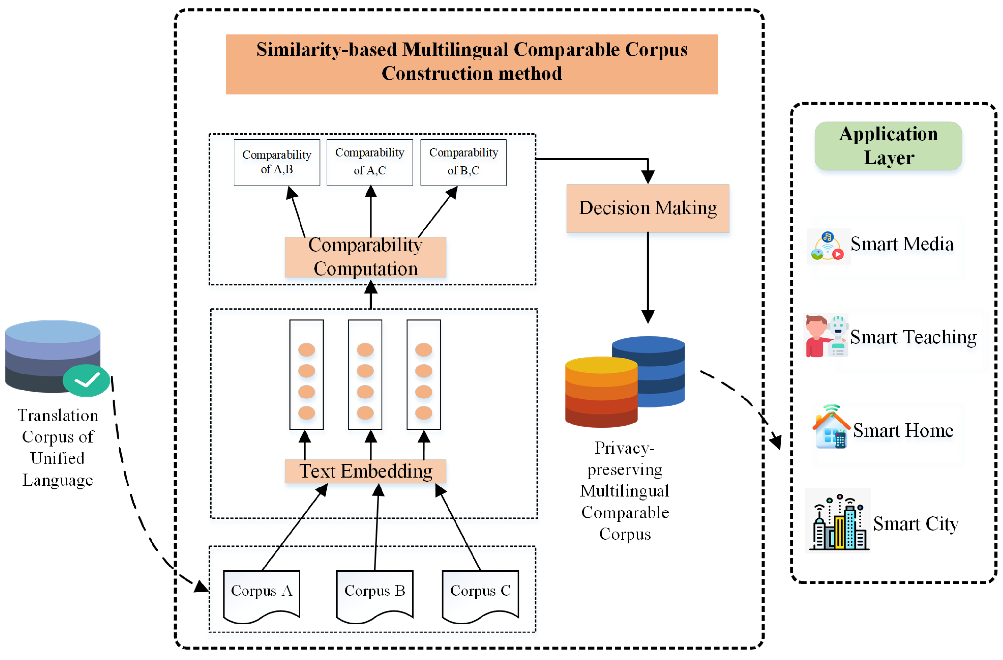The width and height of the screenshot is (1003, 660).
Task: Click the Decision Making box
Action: tap(647, 208)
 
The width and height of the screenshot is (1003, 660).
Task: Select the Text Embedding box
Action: tap(366, 471)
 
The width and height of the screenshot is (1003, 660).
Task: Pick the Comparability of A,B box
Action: tap(277, 162)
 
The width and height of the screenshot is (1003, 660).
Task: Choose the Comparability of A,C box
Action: tap(370, 162)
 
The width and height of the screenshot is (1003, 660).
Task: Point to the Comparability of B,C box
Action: tap(463, 162)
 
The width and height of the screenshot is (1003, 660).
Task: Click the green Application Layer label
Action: tap(888, 146)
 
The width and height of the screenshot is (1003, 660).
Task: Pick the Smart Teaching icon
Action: tap(826, 336)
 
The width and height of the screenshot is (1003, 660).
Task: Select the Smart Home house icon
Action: tap(831, 428)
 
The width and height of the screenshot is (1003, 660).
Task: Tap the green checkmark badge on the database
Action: tap(86, 380)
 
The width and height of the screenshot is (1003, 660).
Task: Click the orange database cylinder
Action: tap(601, 392)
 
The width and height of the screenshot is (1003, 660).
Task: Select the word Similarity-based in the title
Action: tap(327, 50)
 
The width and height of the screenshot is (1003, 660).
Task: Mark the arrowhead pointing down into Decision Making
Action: tap(648, 176)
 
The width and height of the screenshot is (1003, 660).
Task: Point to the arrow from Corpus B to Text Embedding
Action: tap(377, 527)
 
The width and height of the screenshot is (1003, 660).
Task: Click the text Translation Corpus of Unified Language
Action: tap(58, 447)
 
